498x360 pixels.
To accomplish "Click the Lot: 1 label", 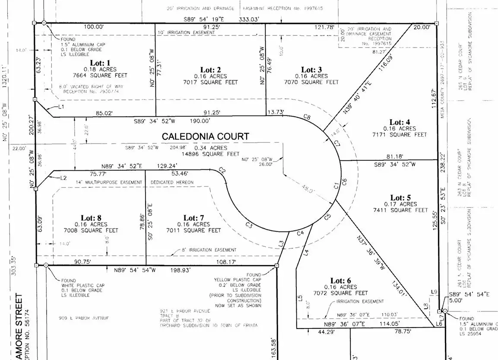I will pos(98,63).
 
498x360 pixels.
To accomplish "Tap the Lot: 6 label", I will pos(335,280).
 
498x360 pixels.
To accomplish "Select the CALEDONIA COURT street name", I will pos(205,136).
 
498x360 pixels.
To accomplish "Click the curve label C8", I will pos(307,117).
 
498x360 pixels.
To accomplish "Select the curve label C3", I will pos(249,225).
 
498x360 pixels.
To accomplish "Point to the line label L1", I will pos(61,106).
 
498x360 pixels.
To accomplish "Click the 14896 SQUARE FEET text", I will pos(211,154).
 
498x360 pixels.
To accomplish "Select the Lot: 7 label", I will pos(197,218).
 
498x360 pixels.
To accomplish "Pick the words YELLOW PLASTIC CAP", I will pos(238,280).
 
